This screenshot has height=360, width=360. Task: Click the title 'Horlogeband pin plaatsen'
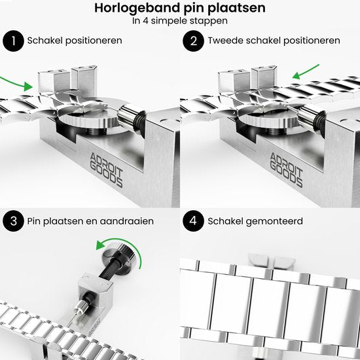179,9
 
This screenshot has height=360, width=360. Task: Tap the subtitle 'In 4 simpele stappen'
179,20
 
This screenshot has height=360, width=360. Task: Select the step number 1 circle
11,41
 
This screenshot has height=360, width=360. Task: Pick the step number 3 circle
11,221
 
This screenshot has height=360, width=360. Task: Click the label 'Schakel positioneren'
75,41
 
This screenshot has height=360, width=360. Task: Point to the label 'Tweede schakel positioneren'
273,41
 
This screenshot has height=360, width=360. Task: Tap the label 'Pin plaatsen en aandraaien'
90,221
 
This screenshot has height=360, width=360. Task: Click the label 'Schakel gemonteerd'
255,221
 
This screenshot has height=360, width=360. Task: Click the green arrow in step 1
17,81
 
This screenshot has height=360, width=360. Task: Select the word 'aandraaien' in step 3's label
130,221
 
